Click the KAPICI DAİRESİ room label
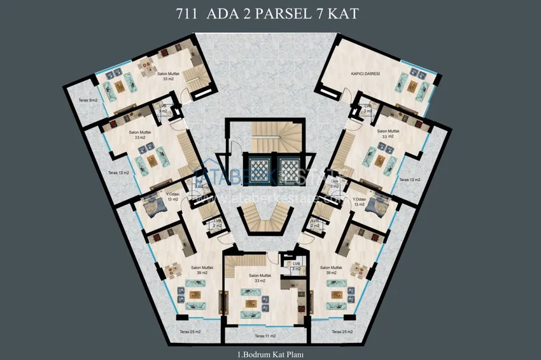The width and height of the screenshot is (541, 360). click(x=365, y=74)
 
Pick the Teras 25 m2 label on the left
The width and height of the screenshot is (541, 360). click(x=190, y=332)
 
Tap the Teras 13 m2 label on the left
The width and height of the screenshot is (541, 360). click(x=119, y=172)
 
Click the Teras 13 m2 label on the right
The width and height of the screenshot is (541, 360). click(x=410, y=180)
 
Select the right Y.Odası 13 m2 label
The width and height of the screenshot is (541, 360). click(x=361, y=202)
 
